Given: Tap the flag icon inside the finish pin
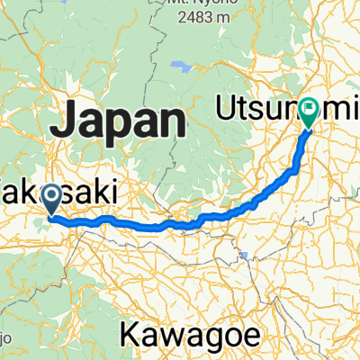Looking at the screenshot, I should coord(310,109).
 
